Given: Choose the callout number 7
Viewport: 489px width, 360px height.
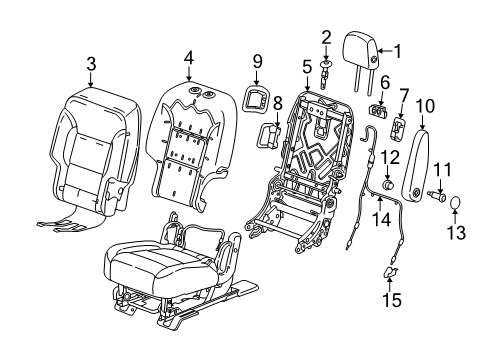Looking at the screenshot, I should [405, 95].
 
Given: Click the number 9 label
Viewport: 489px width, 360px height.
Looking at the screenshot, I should [257, 62].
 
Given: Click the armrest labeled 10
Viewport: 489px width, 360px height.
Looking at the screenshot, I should [419, 155].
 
